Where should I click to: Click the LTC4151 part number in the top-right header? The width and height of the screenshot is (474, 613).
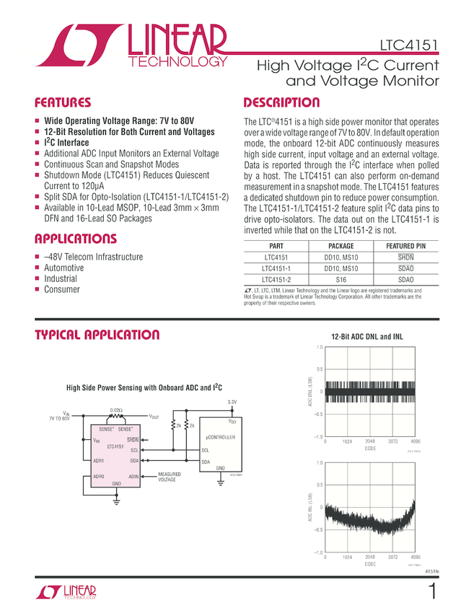click(410, 47)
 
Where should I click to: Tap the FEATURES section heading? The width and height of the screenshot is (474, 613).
click(63, 102)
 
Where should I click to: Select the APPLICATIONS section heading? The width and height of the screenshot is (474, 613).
click(76, 239)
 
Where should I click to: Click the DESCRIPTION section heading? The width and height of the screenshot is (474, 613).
click(281, 102)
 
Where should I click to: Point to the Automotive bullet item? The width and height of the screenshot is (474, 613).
click(64, 268)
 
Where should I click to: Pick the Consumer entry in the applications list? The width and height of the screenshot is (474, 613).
click(63, 289)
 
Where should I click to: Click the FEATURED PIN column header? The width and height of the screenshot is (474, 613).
click(406, 246)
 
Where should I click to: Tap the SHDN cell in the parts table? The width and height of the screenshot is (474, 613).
click(406, 257)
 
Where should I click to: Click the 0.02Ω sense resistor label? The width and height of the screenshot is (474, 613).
click(116, 410)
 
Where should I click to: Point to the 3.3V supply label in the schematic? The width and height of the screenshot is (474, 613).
click(232, 402)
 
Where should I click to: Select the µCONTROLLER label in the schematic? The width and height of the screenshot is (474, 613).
click(221, 437)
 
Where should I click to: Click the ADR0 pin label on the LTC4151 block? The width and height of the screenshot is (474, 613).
click(99, 476)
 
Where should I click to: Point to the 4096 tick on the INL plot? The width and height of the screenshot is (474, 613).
click(416, 557)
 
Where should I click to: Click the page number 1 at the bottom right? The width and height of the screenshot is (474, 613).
click(431, 593)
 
